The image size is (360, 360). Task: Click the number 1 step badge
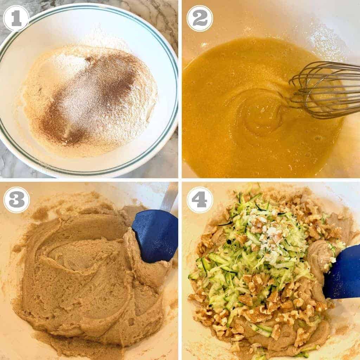[x=16, y=18]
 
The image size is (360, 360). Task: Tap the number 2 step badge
[x=200, y=18]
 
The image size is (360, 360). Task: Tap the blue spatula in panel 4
[x=343, y=274]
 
